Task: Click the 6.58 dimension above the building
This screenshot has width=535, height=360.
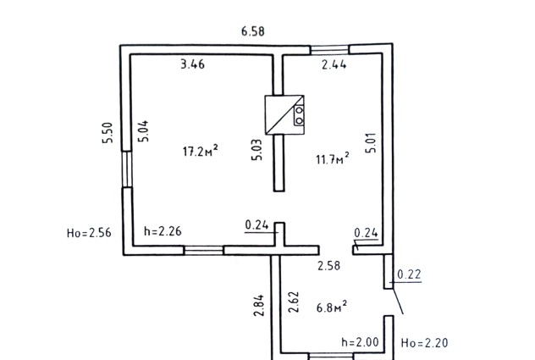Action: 253,31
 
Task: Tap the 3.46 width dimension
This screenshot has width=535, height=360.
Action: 193,64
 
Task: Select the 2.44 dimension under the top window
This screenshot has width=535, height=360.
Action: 334,64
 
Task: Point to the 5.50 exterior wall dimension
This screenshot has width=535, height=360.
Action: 108,133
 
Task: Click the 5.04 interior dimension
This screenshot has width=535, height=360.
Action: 144,131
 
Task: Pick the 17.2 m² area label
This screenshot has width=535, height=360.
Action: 201,151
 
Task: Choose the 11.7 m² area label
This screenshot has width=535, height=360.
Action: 333,159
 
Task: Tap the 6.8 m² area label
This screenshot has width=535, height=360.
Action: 332,307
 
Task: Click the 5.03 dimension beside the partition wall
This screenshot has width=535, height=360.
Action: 257,150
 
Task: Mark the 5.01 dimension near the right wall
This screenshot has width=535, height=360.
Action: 371,142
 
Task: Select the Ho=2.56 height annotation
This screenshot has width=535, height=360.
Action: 89,233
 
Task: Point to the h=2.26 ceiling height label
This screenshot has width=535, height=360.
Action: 163,231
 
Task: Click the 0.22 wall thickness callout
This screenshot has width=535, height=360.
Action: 409,274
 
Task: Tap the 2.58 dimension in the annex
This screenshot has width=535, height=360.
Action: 329,266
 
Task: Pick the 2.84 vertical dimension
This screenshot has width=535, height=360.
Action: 259,305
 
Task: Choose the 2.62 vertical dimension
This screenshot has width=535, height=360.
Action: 294,302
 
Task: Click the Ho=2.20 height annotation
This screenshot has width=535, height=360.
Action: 424,342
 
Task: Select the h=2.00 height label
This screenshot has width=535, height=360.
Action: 360,342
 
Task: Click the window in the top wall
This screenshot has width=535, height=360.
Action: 329,50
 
